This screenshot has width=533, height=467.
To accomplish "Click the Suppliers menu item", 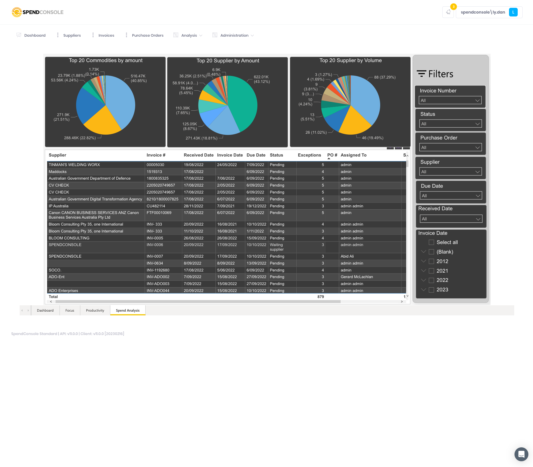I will pyautogui.click(x=72, y=35).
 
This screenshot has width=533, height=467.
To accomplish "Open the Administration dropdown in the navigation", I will pyautogui.click(x=234, y=35).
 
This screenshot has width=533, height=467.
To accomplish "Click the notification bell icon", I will pyautogui.click(x=448, y=12).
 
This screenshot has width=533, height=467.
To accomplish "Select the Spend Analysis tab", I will pyautogui.click(x=127, y=310).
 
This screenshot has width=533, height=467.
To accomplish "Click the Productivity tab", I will pyautogui.click(x=95, y=310).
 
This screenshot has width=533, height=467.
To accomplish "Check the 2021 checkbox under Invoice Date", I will pyautogui.click(x=431, y=271).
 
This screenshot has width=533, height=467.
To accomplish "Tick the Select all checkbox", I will pyautogui.click(x=431, y=242).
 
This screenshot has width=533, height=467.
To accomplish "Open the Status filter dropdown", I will pyautogui.click(x=450, y=124).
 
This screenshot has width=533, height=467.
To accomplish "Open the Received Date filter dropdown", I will pyautogui.click(x=451, y=219).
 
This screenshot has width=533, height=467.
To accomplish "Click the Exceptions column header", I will pyautogui.click(x=309, y=155).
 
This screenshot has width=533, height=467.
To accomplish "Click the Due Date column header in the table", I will pyautogui.click(x=256, y=155).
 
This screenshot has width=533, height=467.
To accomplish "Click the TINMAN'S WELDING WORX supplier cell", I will pyautogui.click(x=74, y=165).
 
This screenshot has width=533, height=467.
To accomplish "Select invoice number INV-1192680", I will pyautogui.click(x=158, y=270).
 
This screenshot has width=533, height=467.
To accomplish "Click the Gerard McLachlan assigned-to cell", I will pyautogui.click(x=356, y=277).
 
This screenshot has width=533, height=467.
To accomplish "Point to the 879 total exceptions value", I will pyautogui.click(x=320, y=297).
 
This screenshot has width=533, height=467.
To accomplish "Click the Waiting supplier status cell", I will pyautogui.click(x=276, y=247).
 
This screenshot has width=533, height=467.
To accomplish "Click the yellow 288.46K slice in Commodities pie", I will pyautogui.click(x=101, y=121).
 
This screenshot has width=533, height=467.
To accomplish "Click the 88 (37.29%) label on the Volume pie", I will pyautogui.click(x=385, y=77).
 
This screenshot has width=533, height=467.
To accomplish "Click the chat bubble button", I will pyautogui.click(x=521, y=454).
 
